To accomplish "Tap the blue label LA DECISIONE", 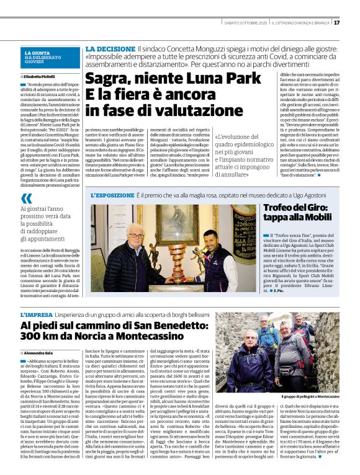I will click(x=109, y=48).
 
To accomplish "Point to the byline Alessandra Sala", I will click(x=43, y=353).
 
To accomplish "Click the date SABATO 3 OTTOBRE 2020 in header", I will click(x=246, y=23).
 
